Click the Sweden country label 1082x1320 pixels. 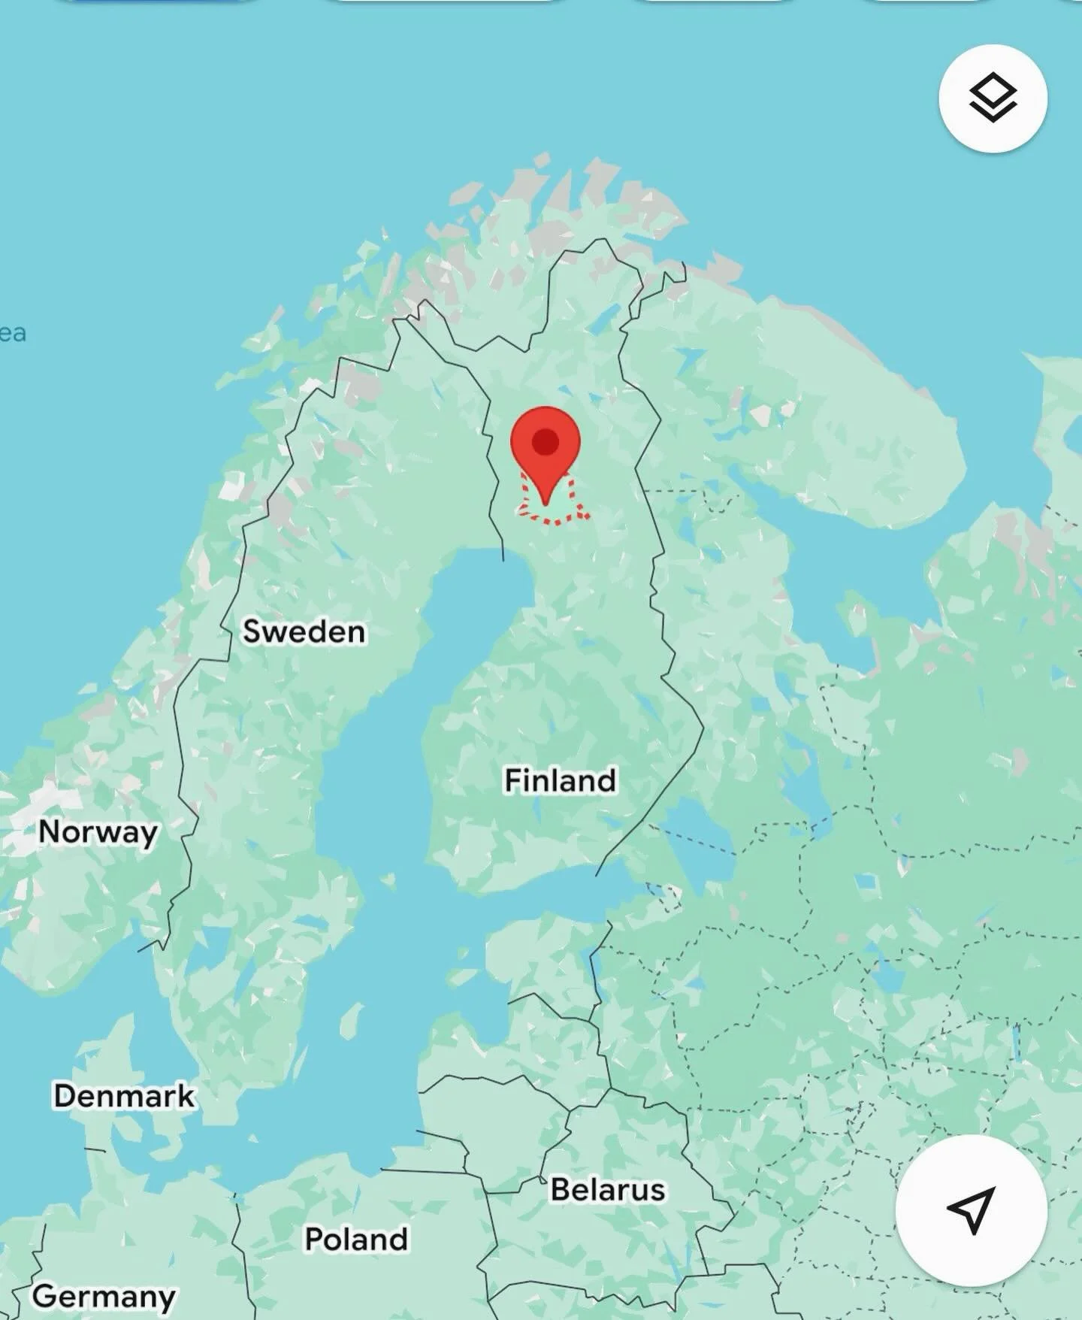tap(304, 631)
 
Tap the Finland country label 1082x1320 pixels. tap(560, 780)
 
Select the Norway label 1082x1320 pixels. tap(98, 832)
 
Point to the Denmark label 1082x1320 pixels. tap(124, 1096)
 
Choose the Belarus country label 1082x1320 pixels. tap(607, 1190)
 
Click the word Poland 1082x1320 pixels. tap(356, 1239)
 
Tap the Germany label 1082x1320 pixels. tap(104, 1296)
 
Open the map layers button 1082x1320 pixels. tap(993, 98)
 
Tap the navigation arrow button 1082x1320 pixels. tap(971, 1210)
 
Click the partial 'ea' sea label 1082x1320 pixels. tap(13, 333)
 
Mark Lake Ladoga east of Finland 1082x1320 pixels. tap(695, 834)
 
